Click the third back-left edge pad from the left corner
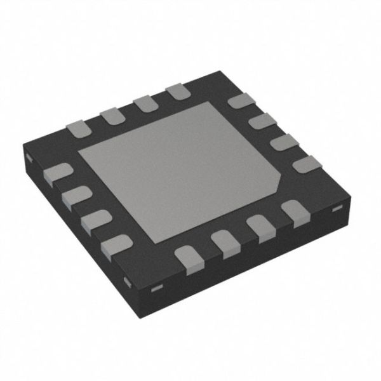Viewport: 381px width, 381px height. pyautogui.click(x=145, y=104)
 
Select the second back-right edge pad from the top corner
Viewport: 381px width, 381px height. pyautogui.click(x=260, y=121)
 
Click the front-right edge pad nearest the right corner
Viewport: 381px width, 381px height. pyautogui.click(x=293, y=211)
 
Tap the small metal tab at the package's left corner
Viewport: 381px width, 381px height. pyautogui.click(x=29, y=157)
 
